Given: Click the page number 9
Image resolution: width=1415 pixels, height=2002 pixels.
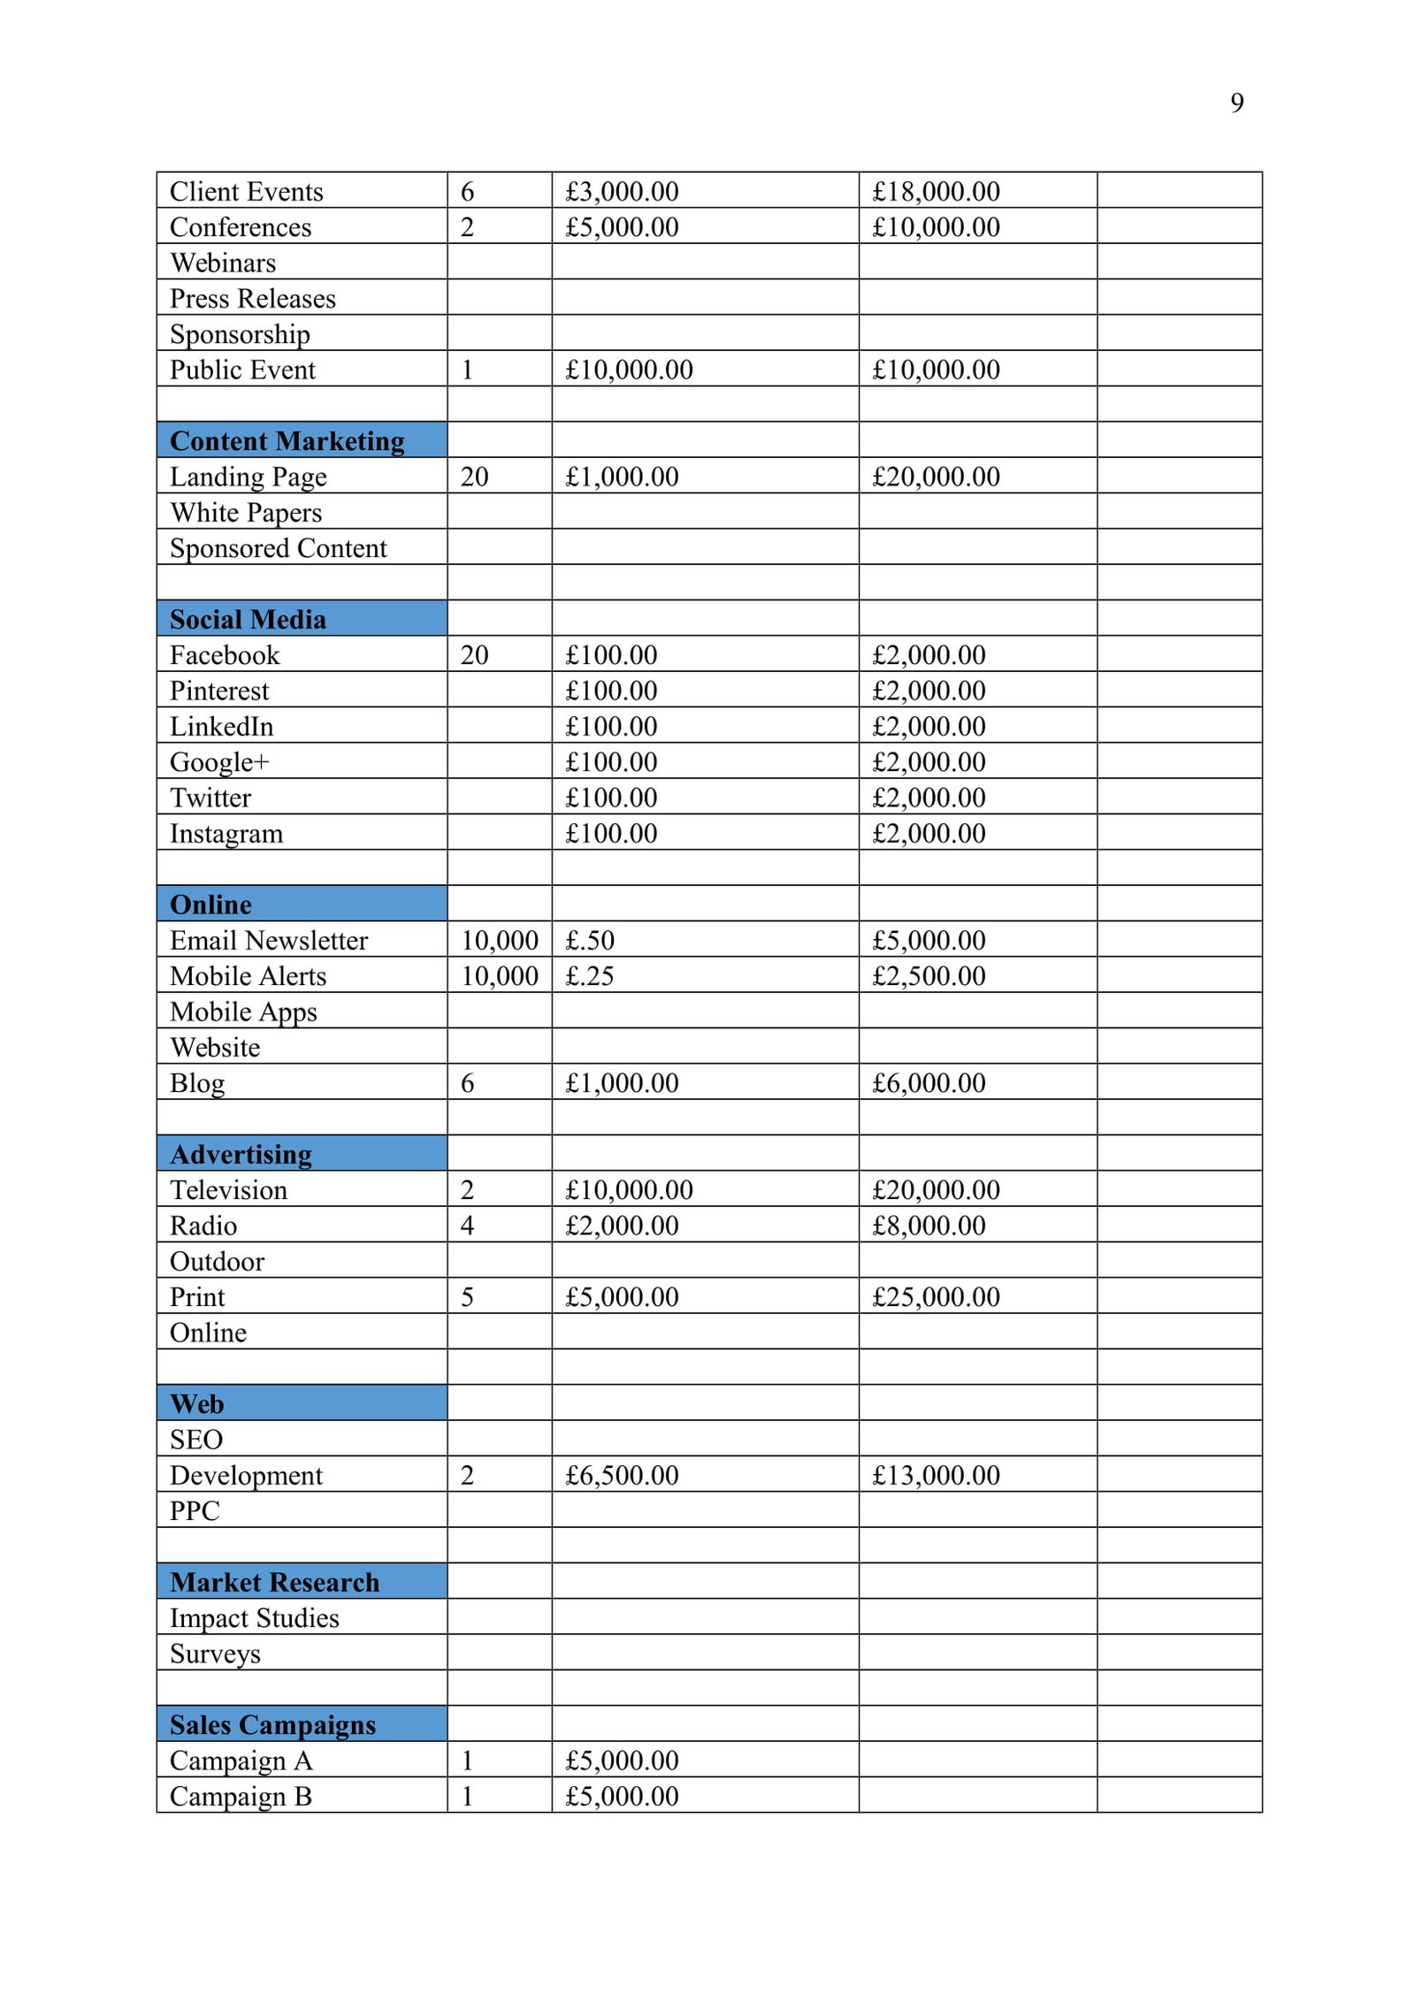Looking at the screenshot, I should pyautogui.click(x=1236, y=103).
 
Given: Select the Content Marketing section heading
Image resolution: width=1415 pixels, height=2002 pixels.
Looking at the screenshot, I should pyautogui.click(x=287, y=440).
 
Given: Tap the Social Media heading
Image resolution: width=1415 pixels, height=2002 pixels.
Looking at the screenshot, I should pyautogui.click(x=248, y=619).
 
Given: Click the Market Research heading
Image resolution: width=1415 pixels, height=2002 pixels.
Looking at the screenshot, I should pyautogui.click(x=274, y=1582).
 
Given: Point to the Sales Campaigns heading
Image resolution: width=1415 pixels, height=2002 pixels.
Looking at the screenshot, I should pyautogui.click(x=272, y=1724).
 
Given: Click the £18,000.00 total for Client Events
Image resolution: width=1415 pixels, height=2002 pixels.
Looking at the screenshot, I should pyautogui.click(x=936, y=192).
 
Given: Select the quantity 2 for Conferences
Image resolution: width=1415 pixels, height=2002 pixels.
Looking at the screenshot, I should pyautogui.click(x=467, y=227).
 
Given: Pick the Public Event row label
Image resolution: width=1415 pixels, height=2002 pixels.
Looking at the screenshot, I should pyautogui.click(x=242, y=370).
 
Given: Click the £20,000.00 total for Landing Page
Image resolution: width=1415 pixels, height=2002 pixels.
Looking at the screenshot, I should pyautogui.click(x=936, y=477).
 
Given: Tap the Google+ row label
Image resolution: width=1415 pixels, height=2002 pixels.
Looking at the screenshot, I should pyautogui.click(x=219, y=762).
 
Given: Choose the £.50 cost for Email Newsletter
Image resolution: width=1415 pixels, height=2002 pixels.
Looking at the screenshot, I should pyautogui.click(x=590, y=940).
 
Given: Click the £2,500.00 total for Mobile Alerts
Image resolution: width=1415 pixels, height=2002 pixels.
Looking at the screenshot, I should pyautogui.click(x=929, y=976).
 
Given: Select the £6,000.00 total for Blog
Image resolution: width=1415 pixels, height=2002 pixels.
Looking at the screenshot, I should pyautogui.click(x=929, y=1083).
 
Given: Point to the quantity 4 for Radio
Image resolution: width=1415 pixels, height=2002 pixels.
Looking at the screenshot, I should pyautogui.click(x=467, y=1226).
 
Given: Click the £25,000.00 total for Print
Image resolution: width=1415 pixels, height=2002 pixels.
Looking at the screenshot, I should pyautogui.click(x=936, y=1297).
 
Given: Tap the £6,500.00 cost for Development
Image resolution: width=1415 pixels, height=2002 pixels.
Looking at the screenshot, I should pyautogui.click(x=622, y=1475).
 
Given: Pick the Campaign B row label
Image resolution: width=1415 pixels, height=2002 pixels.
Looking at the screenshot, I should pyautogui.click(x=241, y=1796).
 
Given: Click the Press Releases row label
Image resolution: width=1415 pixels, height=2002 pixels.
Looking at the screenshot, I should pyautogui.click(x=253, y=299).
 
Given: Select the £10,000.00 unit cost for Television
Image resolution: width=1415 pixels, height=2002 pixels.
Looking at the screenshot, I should pyautogui.click(x=629, y=1190).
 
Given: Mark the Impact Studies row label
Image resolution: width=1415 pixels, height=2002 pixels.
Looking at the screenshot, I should pyautogui.click(x=255, y=1618).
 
